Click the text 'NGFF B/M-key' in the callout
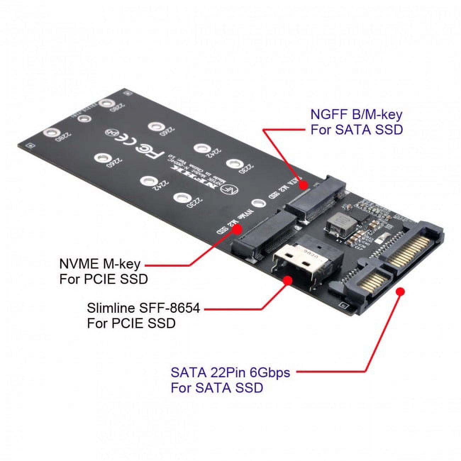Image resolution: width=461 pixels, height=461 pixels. (x=356, y=115)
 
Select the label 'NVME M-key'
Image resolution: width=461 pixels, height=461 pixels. (x=100, y=264)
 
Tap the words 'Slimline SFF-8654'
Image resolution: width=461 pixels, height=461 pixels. (x=143, y=308)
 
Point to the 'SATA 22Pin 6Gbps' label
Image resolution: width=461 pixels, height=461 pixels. (x=230, y=372)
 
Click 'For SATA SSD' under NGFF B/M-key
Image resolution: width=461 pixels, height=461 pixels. (x=356, y=130)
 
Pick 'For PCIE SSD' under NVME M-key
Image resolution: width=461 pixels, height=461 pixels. (x=103, y=279)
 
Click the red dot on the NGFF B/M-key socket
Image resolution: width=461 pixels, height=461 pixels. (x=304, y=185)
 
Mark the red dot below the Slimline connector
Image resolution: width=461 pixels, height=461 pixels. (x=288, y=281)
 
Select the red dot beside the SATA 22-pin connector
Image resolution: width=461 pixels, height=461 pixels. (x=400, y=291)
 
